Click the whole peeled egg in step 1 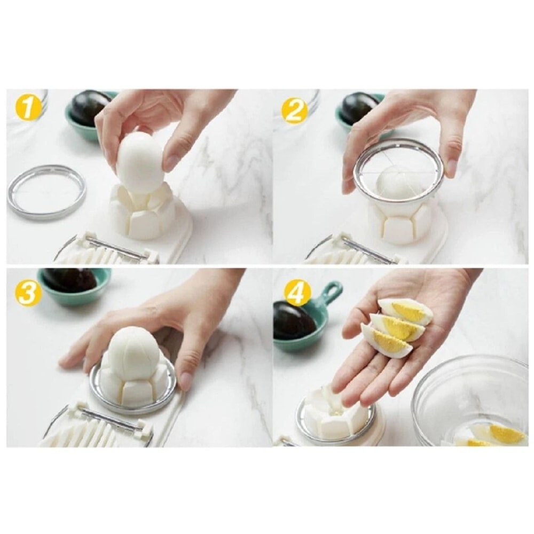click(x=140, y=162)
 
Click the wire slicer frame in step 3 click(x=109, y=422)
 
